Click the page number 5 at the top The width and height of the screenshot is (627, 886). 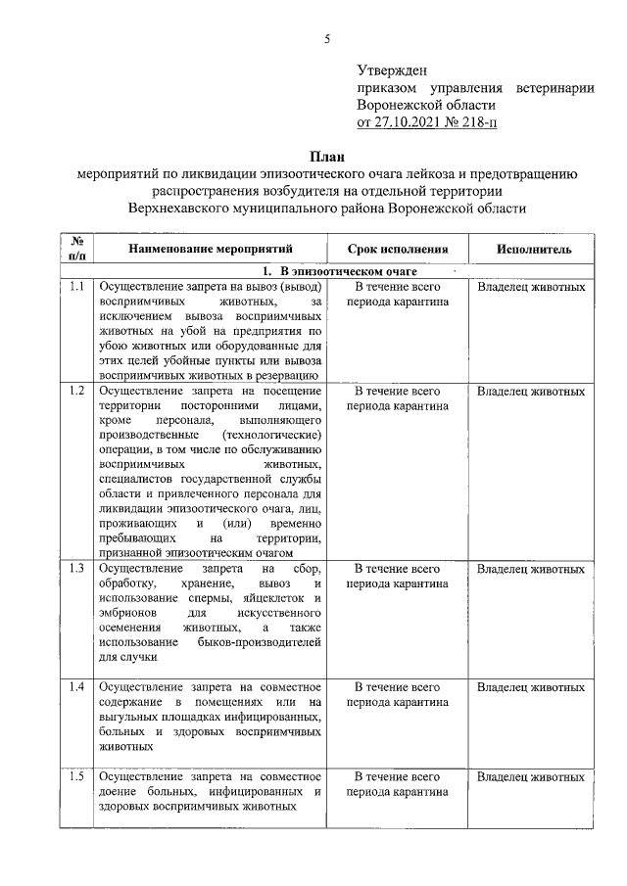(x=328, y=39)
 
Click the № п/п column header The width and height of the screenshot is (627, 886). (x=76, y=249)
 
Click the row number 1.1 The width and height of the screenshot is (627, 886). (x=76, y=288)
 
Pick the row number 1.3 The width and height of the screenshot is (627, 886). (x=76, y=569)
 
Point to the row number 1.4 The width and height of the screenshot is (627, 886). (x=76, y=686)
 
